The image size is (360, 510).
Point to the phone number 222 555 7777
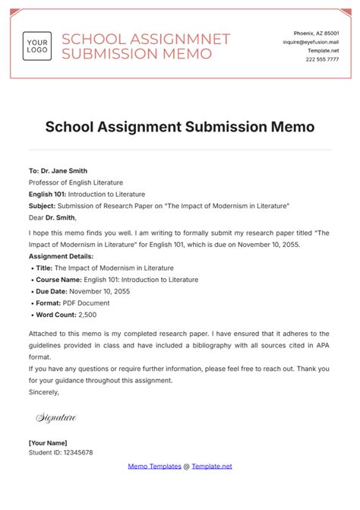click(x=323, y=60)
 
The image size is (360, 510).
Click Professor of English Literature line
click(x=76, y=182)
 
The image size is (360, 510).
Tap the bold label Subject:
click(x=43, y=206)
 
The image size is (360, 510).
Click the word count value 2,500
click(x=86, y=314)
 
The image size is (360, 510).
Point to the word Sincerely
click(x=43, y=392)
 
